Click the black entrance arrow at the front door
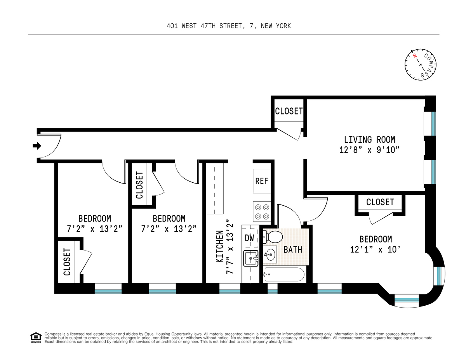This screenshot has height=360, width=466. [x=37, y=146]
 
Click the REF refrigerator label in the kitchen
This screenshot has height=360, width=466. [x=261, y=181]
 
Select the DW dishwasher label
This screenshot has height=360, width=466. [x=249, y=238]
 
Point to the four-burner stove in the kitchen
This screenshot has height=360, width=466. [x=261, y=211]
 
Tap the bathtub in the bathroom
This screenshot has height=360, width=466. [x=283, y=275]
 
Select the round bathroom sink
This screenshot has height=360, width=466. [x=270, y=255]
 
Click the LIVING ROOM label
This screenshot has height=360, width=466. [x=369, y=139]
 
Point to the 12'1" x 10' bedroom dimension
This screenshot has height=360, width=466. [x=375, y=249]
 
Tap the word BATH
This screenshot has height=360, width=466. [x=293, y=249]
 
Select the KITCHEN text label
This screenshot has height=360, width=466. [x=220, y=247]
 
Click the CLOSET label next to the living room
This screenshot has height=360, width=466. [x=289, y=111]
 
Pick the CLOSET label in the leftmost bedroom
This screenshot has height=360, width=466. [x=67, y=262]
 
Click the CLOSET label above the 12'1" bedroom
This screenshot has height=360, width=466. [x=380, y=202]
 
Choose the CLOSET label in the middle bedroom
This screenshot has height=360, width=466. [x=139, y=185]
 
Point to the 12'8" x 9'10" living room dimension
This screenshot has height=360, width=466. [x=369, y=150]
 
